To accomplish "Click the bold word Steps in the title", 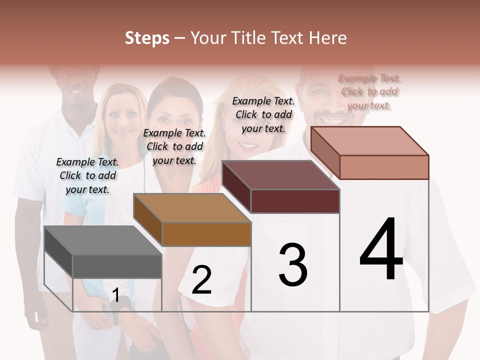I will coord(147,38).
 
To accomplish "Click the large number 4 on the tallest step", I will coord(381,250).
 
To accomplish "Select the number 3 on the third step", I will coord(293,265).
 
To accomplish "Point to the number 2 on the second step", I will coord(201,280).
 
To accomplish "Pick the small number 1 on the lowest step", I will coord(115,295).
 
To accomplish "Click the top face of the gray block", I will coord(102,240).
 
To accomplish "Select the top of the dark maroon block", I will coord(280,175).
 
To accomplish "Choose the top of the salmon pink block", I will coord(369,141).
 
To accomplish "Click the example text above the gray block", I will coord(87,175).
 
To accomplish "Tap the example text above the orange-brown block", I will coord(174,146).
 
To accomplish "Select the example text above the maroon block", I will coord(263,114).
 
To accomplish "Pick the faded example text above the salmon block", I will coord(369,91).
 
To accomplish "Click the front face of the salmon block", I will coord(384,167).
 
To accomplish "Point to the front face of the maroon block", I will coord(295,201).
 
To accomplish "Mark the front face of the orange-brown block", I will coord(206,234).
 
